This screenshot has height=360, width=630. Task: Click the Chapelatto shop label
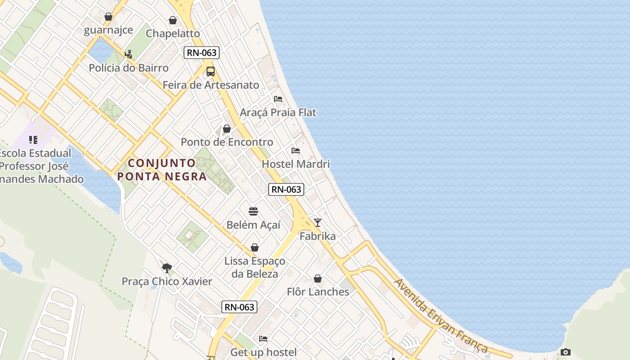pyautogui.click(x=173, y=33)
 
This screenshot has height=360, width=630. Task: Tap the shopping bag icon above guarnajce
pyautogui.click(x=108, y=17)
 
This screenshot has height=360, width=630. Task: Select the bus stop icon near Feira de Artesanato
pyautogui.click(x=210, y=72)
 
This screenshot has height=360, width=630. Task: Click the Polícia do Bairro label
pyautogui.click(x=129, y=68)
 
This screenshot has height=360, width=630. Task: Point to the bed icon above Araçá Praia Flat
pyautogui.click(x=278, y=99)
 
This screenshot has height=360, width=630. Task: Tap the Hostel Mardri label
pyautogui.click(x=296, y=164)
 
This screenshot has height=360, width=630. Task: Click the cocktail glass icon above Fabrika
pyautogui.click(x=318, y=223)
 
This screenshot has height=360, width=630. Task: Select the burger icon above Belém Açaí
pyautogui.click(x=253, y=211)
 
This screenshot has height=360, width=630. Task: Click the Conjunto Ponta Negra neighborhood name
pyautogui.click(x=162, y=170)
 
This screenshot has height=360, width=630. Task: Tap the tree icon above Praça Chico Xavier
pyautogui.click(x=167, y=268)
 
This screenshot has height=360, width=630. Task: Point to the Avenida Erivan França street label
pyautogui.click(x=441, y=316)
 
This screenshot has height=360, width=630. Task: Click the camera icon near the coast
pyautogui.click(x=566, y=352)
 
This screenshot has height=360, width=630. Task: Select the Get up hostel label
pyautogui.click(x=263, y=352)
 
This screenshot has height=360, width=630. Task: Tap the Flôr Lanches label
pyautogui.click(x=318, y=292)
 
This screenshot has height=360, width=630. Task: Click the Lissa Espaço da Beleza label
pyautogui.click(x=255, y=267)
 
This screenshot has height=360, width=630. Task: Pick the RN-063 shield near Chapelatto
pyautogui.click(x=202, y=53)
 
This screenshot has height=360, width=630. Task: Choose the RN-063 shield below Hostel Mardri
pyautogui.click(x=286, y=189)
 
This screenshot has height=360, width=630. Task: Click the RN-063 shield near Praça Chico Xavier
pyautogui.click(x=239, y=307)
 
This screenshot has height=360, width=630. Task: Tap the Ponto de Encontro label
pyautogui.click(x=227, y=142)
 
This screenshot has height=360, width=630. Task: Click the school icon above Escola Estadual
pyautogui.click(x=33, y=140)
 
